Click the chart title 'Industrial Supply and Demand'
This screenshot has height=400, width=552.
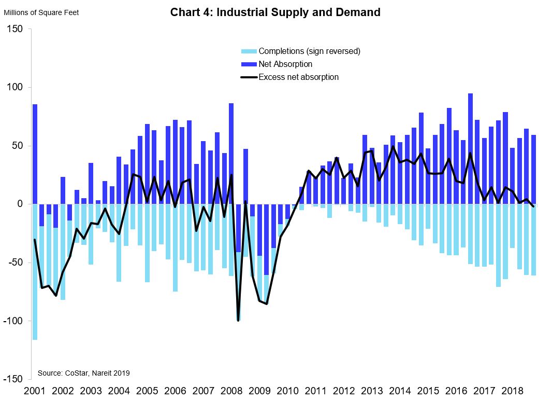coord(275,12)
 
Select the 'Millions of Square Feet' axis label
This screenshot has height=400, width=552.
coord(41,12)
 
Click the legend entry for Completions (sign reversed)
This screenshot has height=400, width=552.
coord(309,51)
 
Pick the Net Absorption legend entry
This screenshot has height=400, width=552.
coord(285,64)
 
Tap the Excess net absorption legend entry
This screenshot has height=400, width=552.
coord(298,77)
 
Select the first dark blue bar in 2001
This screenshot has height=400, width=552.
coord(35,154)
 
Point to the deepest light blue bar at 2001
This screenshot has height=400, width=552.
coord(35,272)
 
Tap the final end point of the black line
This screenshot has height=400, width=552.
coord(533,206)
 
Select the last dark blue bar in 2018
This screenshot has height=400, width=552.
coord(533,170)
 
